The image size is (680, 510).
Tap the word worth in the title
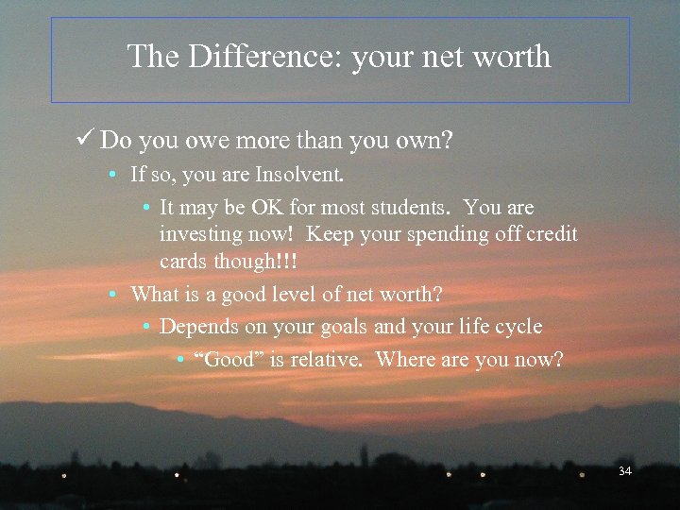pyautogui.click(x=510, y=57)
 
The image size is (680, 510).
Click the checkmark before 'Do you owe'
pyautogui.click(x=86, y=141)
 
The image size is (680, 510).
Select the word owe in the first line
pyautogui.click(x=191, y=142)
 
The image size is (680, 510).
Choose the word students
pyautogui.click(x=410, y=207)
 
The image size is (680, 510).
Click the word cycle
pyautogui.click(x=518, y=327)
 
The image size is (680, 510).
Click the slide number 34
pyautogui.click(x=624, y=470)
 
